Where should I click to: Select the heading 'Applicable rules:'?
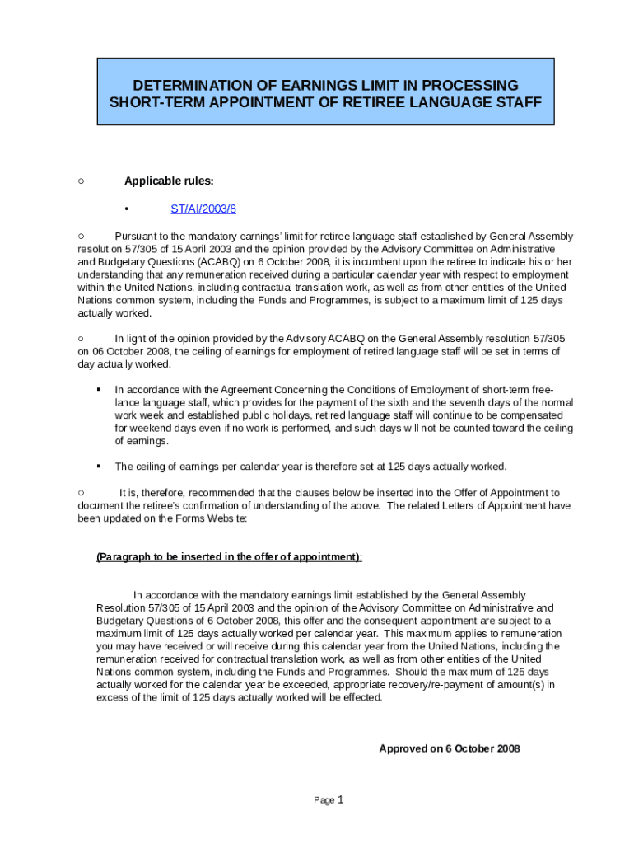(169, 181)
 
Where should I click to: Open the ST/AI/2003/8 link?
(203, 209)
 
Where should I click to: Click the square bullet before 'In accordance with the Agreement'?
(97, 389)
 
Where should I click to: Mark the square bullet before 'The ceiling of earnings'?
(97, 467)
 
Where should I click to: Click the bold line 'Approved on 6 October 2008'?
(449, 748)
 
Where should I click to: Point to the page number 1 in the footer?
(339, 799)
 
